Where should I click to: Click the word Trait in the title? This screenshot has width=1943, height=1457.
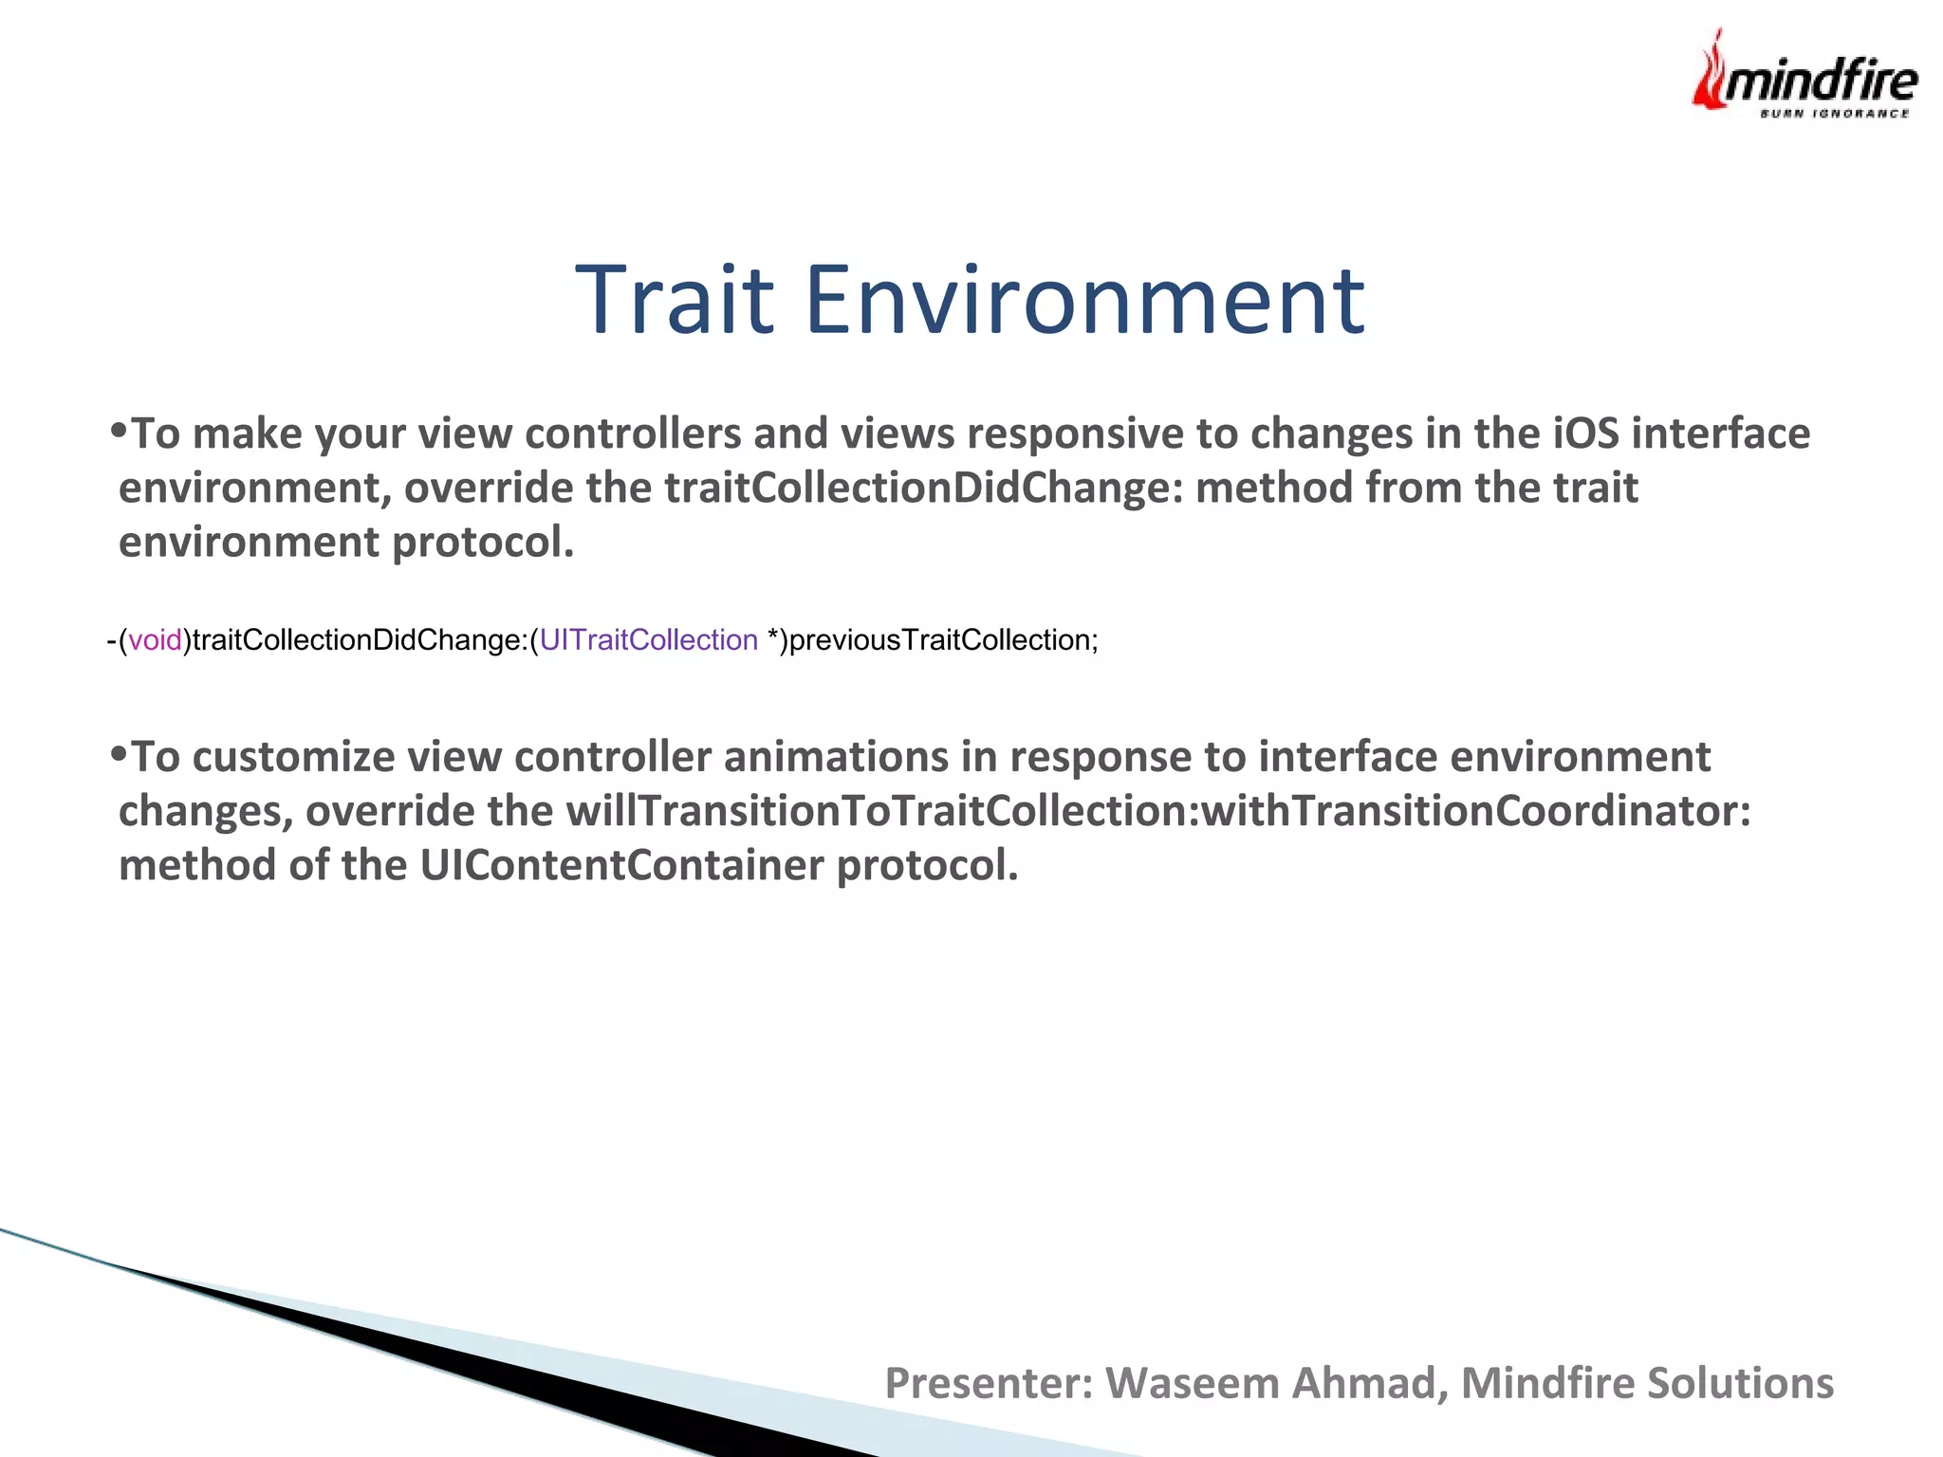[x=675, y=301]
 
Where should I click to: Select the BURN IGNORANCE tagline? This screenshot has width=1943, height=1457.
[x=1834, y=114]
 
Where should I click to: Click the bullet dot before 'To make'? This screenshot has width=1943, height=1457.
[x=118, y=431]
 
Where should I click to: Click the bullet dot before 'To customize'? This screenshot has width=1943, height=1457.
[x=118, y=754]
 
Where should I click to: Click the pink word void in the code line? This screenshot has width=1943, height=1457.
[x=155, y=640]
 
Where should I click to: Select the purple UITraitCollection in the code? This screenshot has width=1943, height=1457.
[x=648, y=640]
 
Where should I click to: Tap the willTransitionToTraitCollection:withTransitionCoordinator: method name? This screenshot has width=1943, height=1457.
[x=1157, y=811]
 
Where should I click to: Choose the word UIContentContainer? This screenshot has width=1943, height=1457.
[x=621, y=865]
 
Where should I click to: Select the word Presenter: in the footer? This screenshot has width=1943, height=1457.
[x=989, y=1383]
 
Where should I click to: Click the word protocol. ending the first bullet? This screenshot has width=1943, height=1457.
[x=483, y=543]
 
